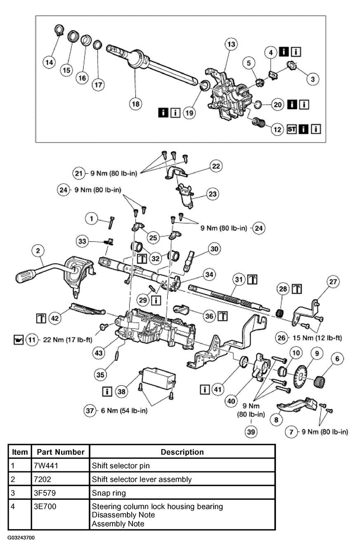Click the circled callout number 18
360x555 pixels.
pyautogui.click(x=135, y=104)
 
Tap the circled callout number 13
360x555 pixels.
pyautogui.click(x=231, y=44)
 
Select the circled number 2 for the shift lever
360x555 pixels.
pyautogui.click(x=38, y=251)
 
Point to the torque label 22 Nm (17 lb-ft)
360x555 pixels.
pyautogui.click(x=67, y=341)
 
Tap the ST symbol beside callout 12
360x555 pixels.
pyautogui.click(x=292, y=129)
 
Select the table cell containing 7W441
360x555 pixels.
pyautogui.click(x=61, y=466)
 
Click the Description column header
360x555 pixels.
pyautogui.click(x=182, y=452)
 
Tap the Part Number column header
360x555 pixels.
pyautogui.click(x=61, y=452)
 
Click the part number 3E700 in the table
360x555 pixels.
pyautogui.click(x=45, y=506)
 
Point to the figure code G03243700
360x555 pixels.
pyautogui.click(x=21, y=538)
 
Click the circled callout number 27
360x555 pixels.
pyautogui.click(x=333, y=282)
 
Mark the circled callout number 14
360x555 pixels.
pyautogui.click(x=49, y=62)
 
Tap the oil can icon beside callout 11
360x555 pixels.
pyautogui.click(x=19, y=341)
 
